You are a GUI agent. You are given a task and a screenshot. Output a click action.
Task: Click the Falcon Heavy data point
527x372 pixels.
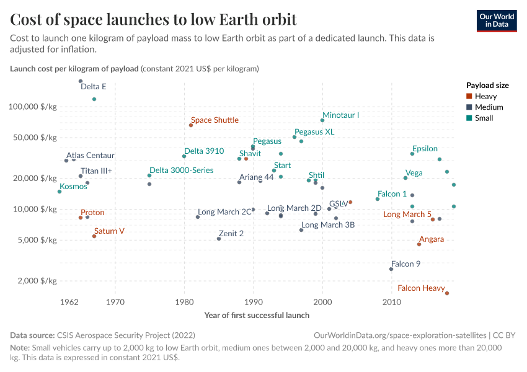447,293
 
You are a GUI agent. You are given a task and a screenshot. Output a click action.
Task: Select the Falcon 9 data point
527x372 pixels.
391,269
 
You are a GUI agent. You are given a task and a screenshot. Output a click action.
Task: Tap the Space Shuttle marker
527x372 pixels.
191,125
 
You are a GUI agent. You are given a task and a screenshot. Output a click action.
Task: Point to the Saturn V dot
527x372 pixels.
94,236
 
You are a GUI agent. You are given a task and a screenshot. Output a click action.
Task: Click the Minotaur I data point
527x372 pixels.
322,120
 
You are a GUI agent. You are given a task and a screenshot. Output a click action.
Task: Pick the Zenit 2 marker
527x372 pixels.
219,239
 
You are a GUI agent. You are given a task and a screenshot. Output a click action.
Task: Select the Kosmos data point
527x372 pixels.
60,192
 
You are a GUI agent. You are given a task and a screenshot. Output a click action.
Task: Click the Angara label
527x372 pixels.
432,239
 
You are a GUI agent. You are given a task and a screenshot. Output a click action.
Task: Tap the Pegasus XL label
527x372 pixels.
314,132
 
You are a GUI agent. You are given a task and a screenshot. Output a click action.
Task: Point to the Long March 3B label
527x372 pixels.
328,224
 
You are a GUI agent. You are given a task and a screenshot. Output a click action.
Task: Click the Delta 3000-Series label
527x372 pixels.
182,170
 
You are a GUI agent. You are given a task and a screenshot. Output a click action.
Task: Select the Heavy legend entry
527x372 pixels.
485,96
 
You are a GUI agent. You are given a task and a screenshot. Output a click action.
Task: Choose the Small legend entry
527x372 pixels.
484,118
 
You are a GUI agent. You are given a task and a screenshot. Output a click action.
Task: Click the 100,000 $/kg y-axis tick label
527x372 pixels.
33,107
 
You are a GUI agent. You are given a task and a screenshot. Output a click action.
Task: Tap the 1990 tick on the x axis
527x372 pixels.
254,303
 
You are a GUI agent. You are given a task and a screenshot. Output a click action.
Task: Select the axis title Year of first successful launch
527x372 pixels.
257,315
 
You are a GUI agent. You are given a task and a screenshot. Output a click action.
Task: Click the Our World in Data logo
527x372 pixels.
497,20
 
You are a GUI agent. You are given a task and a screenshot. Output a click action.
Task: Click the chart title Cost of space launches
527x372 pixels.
153,20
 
